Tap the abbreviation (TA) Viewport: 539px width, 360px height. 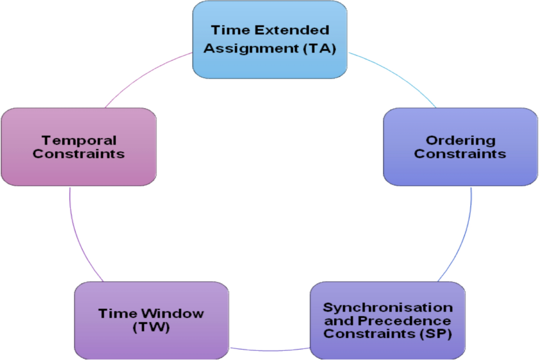click(x=319, y=48)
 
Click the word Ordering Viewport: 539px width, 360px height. click(x=460, y=140)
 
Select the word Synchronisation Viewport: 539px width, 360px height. click(x=388, y=308)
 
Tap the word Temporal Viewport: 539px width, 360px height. click(x=79, y=140)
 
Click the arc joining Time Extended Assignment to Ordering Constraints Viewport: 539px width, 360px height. click(x=395, y=76)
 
